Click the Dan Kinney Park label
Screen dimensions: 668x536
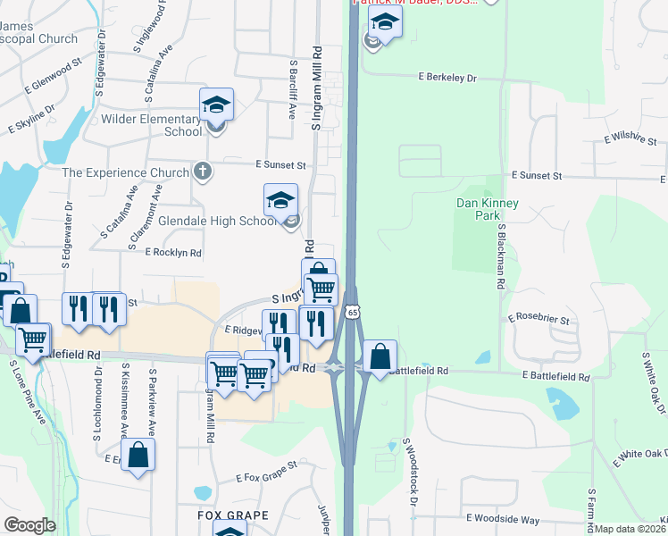487,210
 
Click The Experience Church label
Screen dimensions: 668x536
125,172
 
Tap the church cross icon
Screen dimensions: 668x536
203,172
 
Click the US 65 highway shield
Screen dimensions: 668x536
354,312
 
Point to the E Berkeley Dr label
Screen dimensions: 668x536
448,78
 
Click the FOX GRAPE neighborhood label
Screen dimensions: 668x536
233,516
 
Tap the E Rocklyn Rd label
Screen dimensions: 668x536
173,253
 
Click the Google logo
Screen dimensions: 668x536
29,525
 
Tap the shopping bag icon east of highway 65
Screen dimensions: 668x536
380,356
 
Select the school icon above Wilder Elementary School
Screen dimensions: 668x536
216,105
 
